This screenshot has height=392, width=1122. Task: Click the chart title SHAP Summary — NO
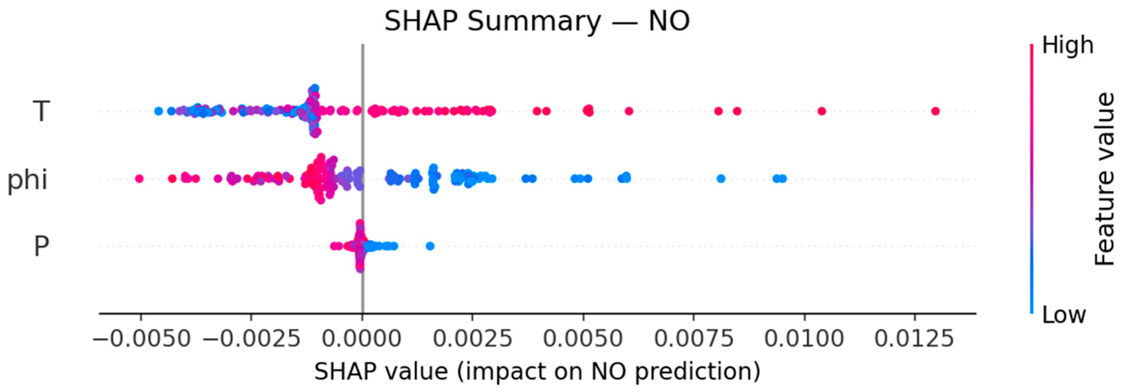[537, 21]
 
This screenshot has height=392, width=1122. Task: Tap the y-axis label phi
[27, 179]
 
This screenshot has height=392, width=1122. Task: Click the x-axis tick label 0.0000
[362, 338]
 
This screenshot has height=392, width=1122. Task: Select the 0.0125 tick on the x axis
[914, 338]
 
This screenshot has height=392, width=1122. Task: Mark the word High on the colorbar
[1068, 45]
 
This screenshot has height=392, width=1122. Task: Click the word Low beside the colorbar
[1064, 314]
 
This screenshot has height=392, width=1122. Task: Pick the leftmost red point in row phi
[140, 178]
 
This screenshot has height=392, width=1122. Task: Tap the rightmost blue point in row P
[430, 246]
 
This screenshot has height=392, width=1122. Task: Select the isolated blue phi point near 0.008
[721, 178]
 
